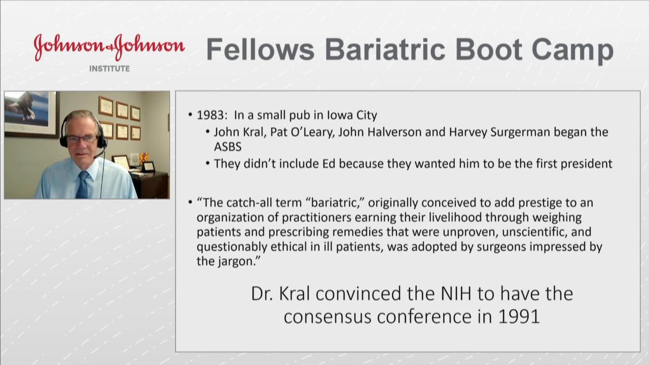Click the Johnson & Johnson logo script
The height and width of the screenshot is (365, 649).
pos(109,48)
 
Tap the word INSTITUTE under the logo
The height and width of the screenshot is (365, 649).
pos(110,68)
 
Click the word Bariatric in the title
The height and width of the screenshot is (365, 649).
pos(385,49)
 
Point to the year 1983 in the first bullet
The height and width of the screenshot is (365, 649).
pos(210,115)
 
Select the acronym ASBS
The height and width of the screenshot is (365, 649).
pos(228,147)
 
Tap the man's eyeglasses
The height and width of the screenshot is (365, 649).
pos(82,139)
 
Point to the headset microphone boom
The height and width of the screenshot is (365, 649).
pos(100,153)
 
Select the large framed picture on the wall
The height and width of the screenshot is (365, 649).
pos(31,114)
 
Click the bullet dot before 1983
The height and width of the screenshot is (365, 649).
pos(190,115)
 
